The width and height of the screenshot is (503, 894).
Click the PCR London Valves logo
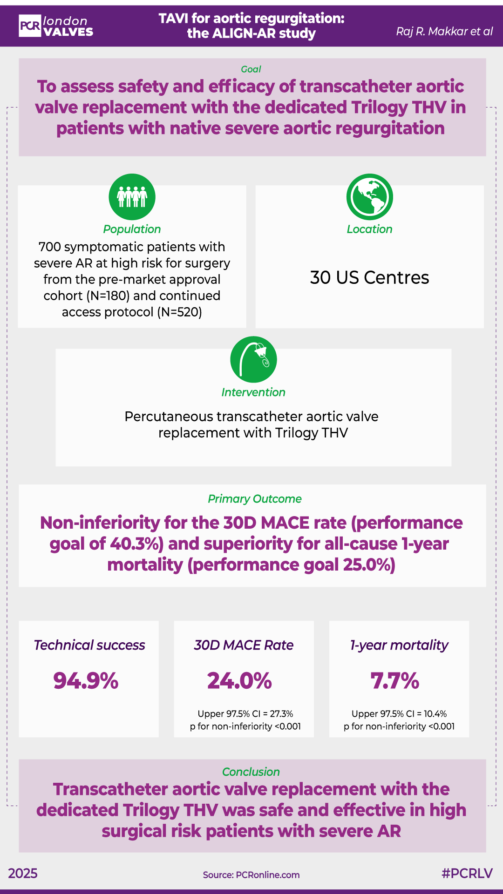click(x=56, y=26)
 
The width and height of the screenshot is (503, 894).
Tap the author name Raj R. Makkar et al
click(x=444, y=31)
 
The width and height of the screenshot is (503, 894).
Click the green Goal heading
click(x=251, y=69)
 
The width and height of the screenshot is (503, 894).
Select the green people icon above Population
click(x=132, y=197)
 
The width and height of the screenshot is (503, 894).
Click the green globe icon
click(x=369, y=197)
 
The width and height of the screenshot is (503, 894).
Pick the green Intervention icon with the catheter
click(x=253, y=359)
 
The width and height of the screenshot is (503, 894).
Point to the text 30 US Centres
click(x=369, y=277)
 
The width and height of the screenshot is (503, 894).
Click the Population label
click(x=132, y=229)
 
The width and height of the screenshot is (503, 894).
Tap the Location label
click(x=369, y=229)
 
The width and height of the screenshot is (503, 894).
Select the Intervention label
click(x=253, y=392)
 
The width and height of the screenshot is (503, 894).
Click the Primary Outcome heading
click(x=254, y=499)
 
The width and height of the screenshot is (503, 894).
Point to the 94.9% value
click(x=86, y=680)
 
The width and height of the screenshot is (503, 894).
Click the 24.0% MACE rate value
click(x=239, y=680)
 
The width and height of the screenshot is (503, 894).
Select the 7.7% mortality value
click(x=395, y=680)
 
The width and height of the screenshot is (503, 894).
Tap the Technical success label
click(x=89, y=645)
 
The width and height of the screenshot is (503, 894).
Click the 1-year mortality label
click(x=399, y=645)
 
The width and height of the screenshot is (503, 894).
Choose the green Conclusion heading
click(x=251, y=772)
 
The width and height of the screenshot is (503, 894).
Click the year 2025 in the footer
click(x=23, y=874)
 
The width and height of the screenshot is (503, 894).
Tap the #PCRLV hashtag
click(x=467, y=874)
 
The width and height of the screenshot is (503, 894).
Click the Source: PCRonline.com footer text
click(x=251, y=875)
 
